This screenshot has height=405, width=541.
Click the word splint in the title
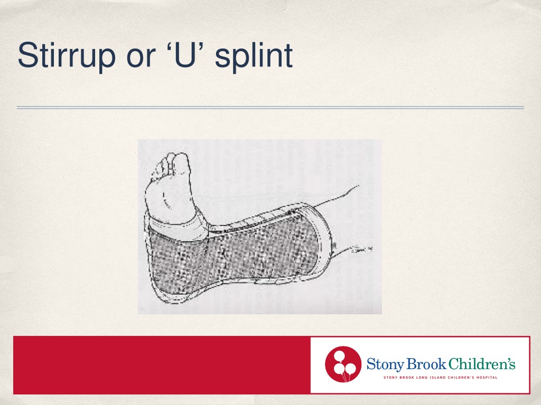pos(254,56)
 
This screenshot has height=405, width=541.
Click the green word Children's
pos(481,364)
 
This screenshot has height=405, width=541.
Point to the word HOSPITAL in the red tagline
pos(486,378)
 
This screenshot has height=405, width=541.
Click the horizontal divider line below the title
pos(270,108)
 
